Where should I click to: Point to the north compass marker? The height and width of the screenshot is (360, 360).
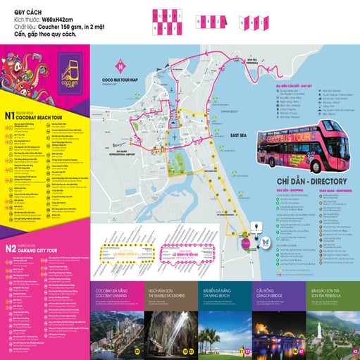(x=121, y=69)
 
